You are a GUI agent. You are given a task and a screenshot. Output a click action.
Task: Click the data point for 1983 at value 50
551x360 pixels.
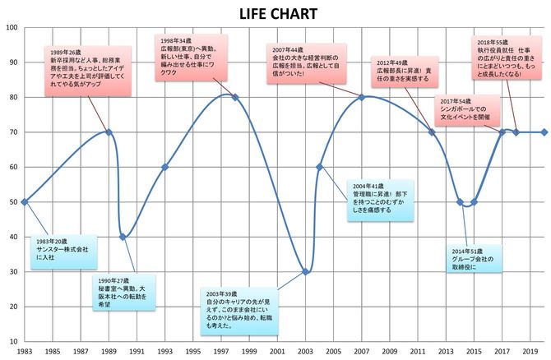(x=24, y=201)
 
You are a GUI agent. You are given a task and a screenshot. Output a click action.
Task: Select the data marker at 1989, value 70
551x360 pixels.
(x=109, y=132)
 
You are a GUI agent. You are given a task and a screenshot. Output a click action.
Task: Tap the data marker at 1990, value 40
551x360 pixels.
(x=123, y=237)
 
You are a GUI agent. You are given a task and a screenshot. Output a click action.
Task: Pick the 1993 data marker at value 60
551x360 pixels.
(x=164, y=167)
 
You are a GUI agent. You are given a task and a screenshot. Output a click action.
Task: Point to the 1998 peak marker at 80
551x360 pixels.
(x=235, y=97)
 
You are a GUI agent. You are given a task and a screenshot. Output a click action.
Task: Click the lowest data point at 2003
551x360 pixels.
(x=305, y=271)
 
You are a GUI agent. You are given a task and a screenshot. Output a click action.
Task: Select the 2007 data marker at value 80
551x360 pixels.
(x=362, y=97)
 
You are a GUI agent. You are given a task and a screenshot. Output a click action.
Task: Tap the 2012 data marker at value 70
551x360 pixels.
(x=432, y=132)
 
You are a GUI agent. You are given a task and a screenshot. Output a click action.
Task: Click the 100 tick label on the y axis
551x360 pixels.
(x=12, y=27)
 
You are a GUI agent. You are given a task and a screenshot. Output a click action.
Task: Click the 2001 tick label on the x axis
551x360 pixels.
(x=277, y=351)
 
